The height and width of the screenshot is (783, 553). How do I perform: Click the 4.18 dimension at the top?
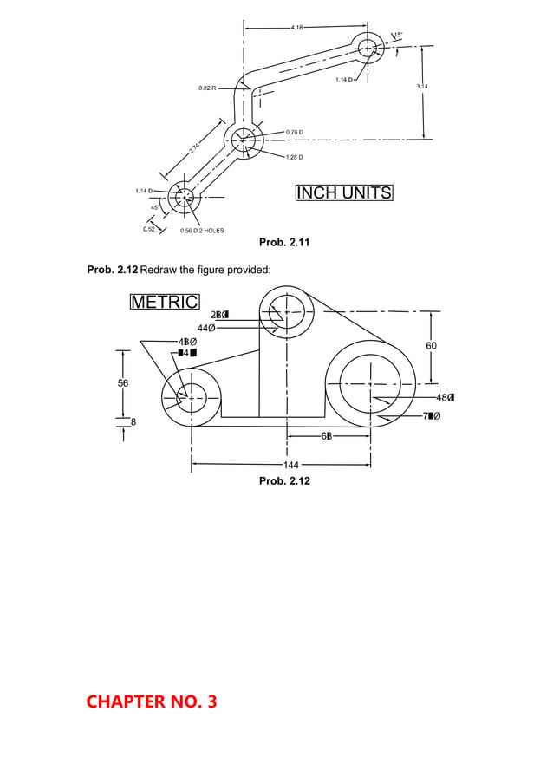pyautogui.click(x=296, y=28)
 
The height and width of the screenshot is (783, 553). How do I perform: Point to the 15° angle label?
pyautogui.click(x=400, y=35)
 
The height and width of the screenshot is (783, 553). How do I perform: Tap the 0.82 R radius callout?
pyautogui.click(x=208, y=88)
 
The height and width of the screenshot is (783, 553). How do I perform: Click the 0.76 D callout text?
pyautogui.click(x=294, y=132)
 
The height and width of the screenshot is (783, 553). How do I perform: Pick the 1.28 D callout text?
pyautogui.click(x=294, y=157)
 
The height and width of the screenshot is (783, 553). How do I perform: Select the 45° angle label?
pyautogui.click(x=155, y=208)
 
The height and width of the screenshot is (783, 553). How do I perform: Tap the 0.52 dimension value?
pyautogui.click(x=149, y=229)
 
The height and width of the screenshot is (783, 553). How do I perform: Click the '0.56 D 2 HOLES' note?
pyautogui.click(x=201, y=231)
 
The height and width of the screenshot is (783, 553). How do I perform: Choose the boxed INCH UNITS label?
pyautogui.click(x=343, y=192)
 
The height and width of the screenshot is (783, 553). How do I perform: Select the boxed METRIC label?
pyautogui.click(x=164, y=302)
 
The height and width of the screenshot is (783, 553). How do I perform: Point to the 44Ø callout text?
pyautogui.click(x=207, y=328)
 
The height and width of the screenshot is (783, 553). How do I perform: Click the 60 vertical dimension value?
pyautogui.click(x=432, y=346)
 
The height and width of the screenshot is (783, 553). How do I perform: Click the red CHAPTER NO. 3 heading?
pyautogui.click(x=151, y=701)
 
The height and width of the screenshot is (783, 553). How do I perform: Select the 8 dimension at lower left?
pyautogui.click(x=133, y=421)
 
